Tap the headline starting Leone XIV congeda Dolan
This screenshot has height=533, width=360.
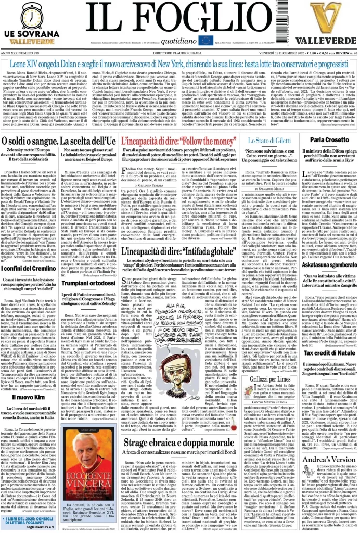point(180,65)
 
